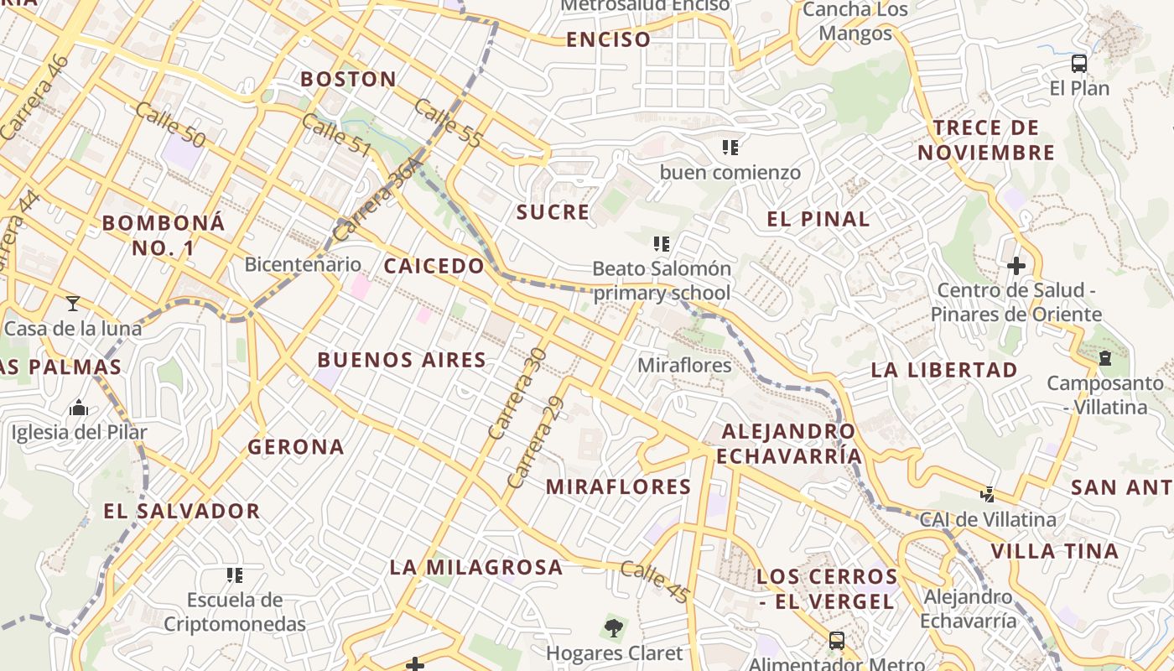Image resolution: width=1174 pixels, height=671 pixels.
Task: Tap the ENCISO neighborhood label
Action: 608,39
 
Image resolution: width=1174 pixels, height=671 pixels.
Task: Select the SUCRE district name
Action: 553,212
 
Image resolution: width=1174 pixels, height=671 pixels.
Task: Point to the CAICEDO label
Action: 434,266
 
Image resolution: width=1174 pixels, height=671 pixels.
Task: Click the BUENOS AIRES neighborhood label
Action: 402,360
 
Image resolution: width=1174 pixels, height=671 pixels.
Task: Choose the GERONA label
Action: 296,447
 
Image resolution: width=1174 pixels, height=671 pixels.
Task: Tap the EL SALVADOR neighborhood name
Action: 182,511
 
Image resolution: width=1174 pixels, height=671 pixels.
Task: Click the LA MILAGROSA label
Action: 475,567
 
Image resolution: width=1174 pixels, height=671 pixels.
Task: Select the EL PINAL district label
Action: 818,220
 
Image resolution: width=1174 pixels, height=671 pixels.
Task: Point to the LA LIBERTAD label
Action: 943,370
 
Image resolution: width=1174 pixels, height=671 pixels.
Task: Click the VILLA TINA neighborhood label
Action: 1054,551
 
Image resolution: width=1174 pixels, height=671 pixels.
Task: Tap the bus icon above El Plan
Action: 1079,64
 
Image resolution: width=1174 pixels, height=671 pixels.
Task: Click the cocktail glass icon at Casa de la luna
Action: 73,303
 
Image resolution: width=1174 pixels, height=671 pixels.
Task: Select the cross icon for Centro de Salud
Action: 1016,266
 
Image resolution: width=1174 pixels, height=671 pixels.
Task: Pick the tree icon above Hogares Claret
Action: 614,627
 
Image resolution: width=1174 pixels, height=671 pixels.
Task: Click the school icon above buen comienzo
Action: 730,148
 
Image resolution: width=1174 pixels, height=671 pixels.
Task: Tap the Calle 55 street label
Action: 448,124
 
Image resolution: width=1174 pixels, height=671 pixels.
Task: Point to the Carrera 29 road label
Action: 535,443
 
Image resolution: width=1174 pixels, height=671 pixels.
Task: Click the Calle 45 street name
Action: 655,581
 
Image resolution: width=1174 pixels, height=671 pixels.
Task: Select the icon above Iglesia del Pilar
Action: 79,408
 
